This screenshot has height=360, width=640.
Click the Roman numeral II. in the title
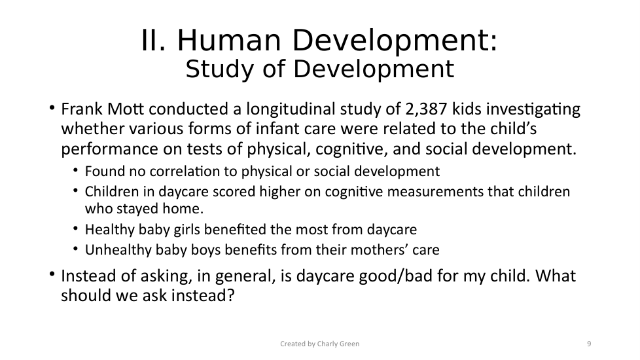154,41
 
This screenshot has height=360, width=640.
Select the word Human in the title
229,41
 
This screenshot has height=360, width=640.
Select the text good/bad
395,276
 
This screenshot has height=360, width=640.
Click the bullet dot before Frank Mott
52,108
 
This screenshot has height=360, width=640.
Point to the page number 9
589,344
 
